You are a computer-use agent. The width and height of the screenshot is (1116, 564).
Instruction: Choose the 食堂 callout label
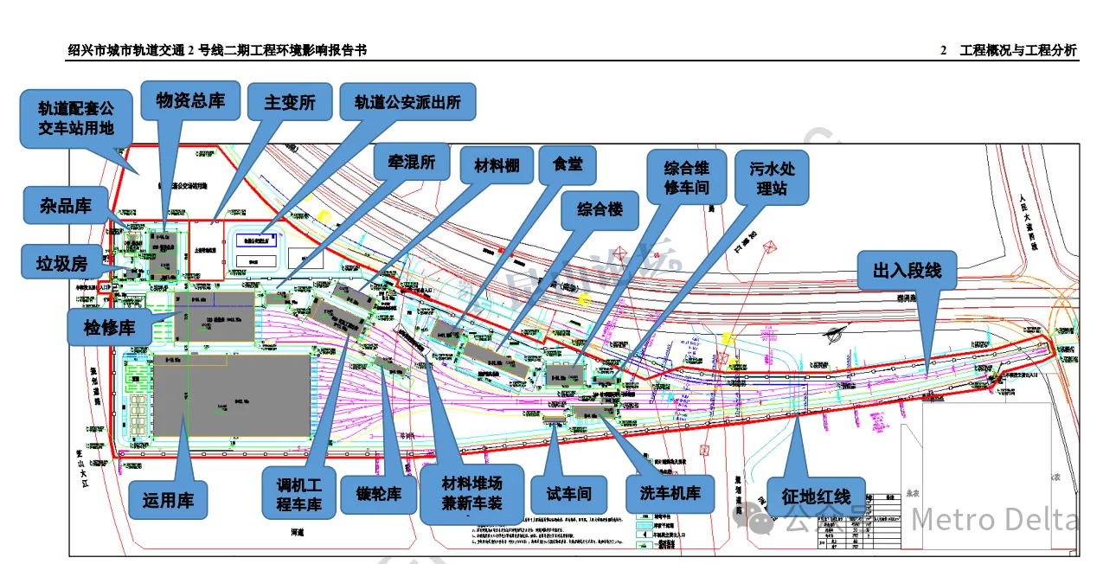[568, 163]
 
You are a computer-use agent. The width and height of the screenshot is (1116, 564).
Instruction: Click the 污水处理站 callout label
[772, 178]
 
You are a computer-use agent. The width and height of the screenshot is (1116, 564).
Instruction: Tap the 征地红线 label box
[816, 497]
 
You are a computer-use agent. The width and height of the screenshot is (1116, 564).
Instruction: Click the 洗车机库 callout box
[670, 495]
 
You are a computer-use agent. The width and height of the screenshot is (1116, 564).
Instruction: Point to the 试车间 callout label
[568, 495]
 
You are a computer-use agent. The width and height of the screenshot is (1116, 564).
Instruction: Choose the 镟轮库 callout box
[378, 495]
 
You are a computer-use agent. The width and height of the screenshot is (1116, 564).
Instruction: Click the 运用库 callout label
[168, 499]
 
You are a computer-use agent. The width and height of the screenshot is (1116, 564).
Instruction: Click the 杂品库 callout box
[66, 206]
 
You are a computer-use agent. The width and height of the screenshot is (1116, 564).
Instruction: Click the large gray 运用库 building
[232, 394]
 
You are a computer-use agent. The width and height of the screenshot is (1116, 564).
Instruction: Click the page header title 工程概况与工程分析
[1017, 50]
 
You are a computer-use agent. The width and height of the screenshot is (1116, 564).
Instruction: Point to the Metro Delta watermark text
[995, 519]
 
